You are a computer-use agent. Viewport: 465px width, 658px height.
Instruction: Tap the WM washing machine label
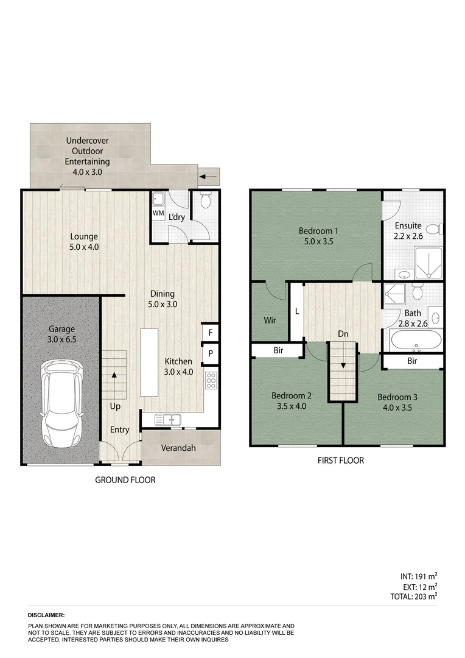click(158, 213)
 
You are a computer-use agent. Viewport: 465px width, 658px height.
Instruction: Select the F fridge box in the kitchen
click(210, 333)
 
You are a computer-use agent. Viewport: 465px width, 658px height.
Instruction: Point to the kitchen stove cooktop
click(211, 380)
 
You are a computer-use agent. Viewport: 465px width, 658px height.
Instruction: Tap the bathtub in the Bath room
click(416, 341)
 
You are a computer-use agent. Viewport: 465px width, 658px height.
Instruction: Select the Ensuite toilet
click(433, 230)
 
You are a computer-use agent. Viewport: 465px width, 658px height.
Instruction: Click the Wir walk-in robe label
click(270, 319)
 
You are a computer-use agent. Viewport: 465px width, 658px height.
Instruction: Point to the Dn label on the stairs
click(344, 334)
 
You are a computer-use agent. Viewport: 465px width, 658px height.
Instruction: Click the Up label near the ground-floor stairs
click(115, 406)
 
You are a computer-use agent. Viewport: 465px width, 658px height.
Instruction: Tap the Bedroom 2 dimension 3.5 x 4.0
click(292, 406)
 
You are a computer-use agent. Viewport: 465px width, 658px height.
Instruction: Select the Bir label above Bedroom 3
click(412, 361)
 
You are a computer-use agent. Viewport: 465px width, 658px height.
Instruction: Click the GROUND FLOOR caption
click(125, 480)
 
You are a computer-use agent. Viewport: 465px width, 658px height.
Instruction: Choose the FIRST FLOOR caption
click(340, 461)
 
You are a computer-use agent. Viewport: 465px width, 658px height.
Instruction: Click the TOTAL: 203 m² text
click(413, 597)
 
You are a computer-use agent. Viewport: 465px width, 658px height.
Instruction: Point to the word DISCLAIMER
click(46, 616)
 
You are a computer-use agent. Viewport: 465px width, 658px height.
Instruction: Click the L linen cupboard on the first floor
click(296, 311)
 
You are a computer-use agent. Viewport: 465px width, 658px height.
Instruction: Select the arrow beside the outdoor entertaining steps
click(209, 177)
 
